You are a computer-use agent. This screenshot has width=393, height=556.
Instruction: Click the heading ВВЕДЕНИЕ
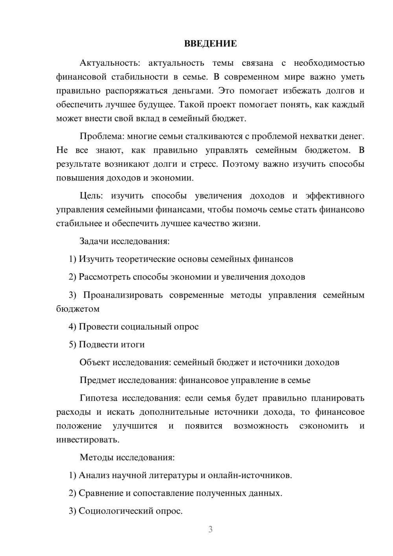pyautogui.click(x=210, y=44)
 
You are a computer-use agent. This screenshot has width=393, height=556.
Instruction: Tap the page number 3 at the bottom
pyautogui.click(x=210, y=529)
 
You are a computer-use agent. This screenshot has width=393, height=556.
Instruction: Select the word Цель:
pyautogui.click(x=91, y=196)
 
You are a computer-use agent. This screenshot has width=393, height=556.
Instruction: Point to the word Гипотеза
pyautogui.click(x=98, y=398)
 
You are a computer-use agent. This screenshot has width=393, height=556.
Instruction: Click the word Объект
pyautogui.click(x=95, y=362)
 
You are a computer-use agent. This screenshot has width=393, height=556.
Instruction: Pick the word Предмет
pyautogui.click(x=97, y=380)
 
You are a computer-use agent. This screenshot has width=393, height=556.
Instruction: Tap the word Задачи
pyautogui.click(x=94, y=241)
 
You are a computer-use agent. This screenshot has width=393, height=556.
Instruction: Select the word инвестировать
pyautogui.click(x=88, y=440)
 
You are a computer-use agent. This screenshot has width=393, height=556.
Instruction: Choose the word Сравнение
pyautogui.click(x=101, y=493)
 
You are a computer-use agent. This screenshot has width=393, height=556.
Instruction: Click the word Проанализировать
pyautogui.click(x=123, y=295)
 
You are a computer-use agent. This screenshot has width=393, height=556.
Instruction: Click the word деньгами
pyautogui.click(x=193, y=91)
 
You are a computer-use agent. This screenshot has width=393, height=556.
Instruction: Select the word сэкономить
pyautogui.click(x=323, y=426)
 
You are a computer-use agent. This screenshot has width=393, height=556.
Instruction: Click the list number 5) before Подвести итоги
pyautogui.click(x=72, y=344)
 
